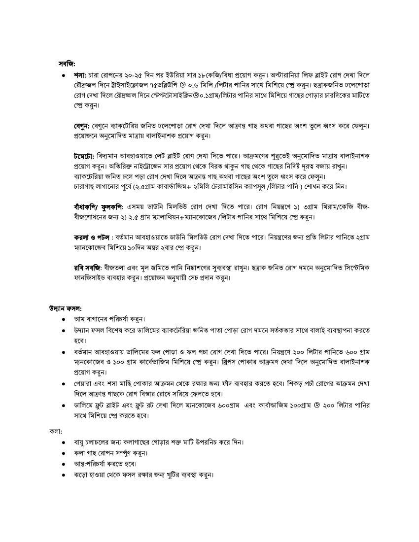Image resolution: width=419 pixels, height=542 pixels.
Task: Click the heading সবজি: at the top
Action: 67,63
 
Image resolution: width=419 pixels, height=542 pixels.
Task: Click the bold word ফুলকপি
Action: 112,207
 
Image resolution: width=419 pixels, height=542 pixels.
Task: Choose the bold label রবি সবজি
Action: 87,268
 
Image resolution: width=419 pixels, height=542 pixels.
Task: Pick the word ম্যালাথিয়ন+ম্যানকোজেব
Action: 167,217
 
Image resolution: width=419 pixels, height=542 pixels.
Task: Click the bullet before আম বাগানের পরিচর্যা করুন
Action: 64,319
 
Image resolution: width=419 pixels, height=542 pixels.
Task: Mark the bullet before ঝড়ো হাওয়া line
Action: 64,475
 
